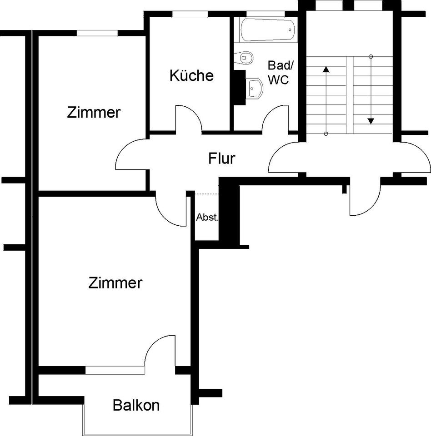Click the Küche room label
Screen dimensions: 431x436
(191, 75)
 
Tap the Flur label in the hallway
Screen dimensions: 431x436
(221, 159)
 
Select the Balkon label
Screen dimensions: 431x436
(136, 405)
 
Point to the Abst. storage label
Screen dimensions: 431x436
(207, 217)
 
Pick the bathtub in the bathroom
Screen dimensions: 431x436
(267, 30)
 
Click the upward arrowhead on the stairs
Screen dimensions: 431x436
(326, 69)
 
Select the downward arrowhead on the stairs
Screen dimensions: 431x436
(371, 121)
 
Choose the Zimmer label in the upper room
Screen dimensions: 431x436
(94, 112)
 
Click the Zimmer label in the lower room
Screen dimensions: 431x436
(115, 283)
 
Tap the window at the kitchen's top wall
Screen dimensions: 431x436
(190, 14)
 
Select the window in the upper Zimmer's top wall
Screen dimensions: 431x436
(96, 33)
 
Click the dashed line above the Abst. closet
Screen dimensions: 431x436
(207, 194)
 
